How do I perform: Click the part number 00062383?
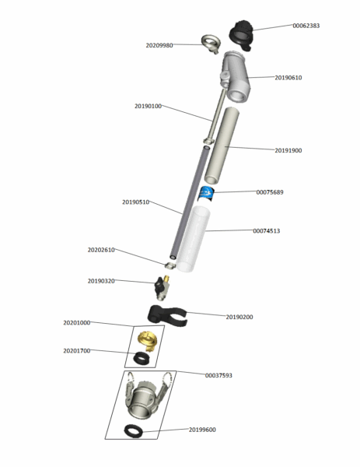[x=306, y=26]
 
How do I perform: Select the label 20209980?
[x=159, y=45]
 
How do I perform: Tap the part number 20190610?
[x=288, y=78]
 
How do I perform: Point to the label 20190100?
[x=148, y=106]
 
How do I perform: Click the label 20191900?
[x=288, y=150]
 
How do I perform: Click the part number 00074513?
[x=266, y=230]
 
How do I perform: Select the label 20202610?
[x=101, y=250]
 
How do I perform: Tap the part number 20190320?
[x=101, y=280]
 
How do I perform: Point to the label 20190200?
[x=239, y=317]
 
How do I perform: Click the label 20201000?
[x=77, y=322]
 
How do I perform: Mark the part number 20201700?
[x=77, y=351]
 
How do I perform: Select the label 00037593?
[x=218, y=375]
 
